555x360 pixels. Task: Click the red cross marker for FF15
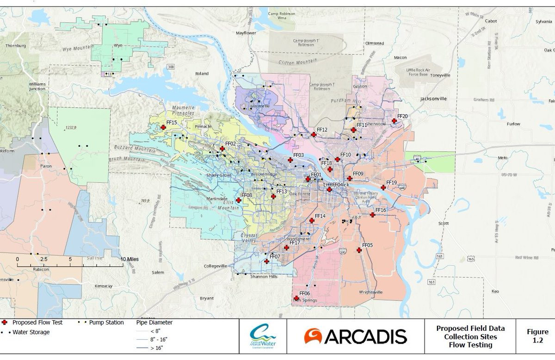click(x=163, y=127)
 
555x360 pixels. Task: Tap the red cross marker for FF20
click(x=394, y=121)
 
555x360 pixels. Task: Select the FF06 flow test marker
click(x=296, y=298)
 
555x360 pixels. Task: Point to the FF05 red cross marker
click(x=359, y=250)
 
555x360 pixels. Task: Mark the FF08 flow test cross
click(x=238, y=200)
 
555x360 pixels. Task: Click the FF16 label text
click(x=381, y=210)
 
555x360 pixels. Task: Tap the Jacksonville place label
click(x=433, y=99)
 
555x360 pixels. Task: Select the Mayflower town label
click(x=246, y=33)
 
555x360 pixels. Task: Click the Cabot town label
click(x=491, y=21)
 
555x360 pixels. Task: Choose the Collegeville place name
click(x=215, y=266)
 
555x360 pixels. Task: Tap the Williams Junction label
click(x=37, y=86)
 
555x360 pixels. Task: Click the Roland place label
click(x=202, y=74)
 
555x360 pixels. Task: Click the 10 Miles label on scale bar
click(x=129, y=259)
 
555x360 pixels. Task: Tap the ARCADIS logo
click(x=355, y=336)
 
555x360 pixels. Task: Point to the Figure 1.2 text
click(x=537, y=336)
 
